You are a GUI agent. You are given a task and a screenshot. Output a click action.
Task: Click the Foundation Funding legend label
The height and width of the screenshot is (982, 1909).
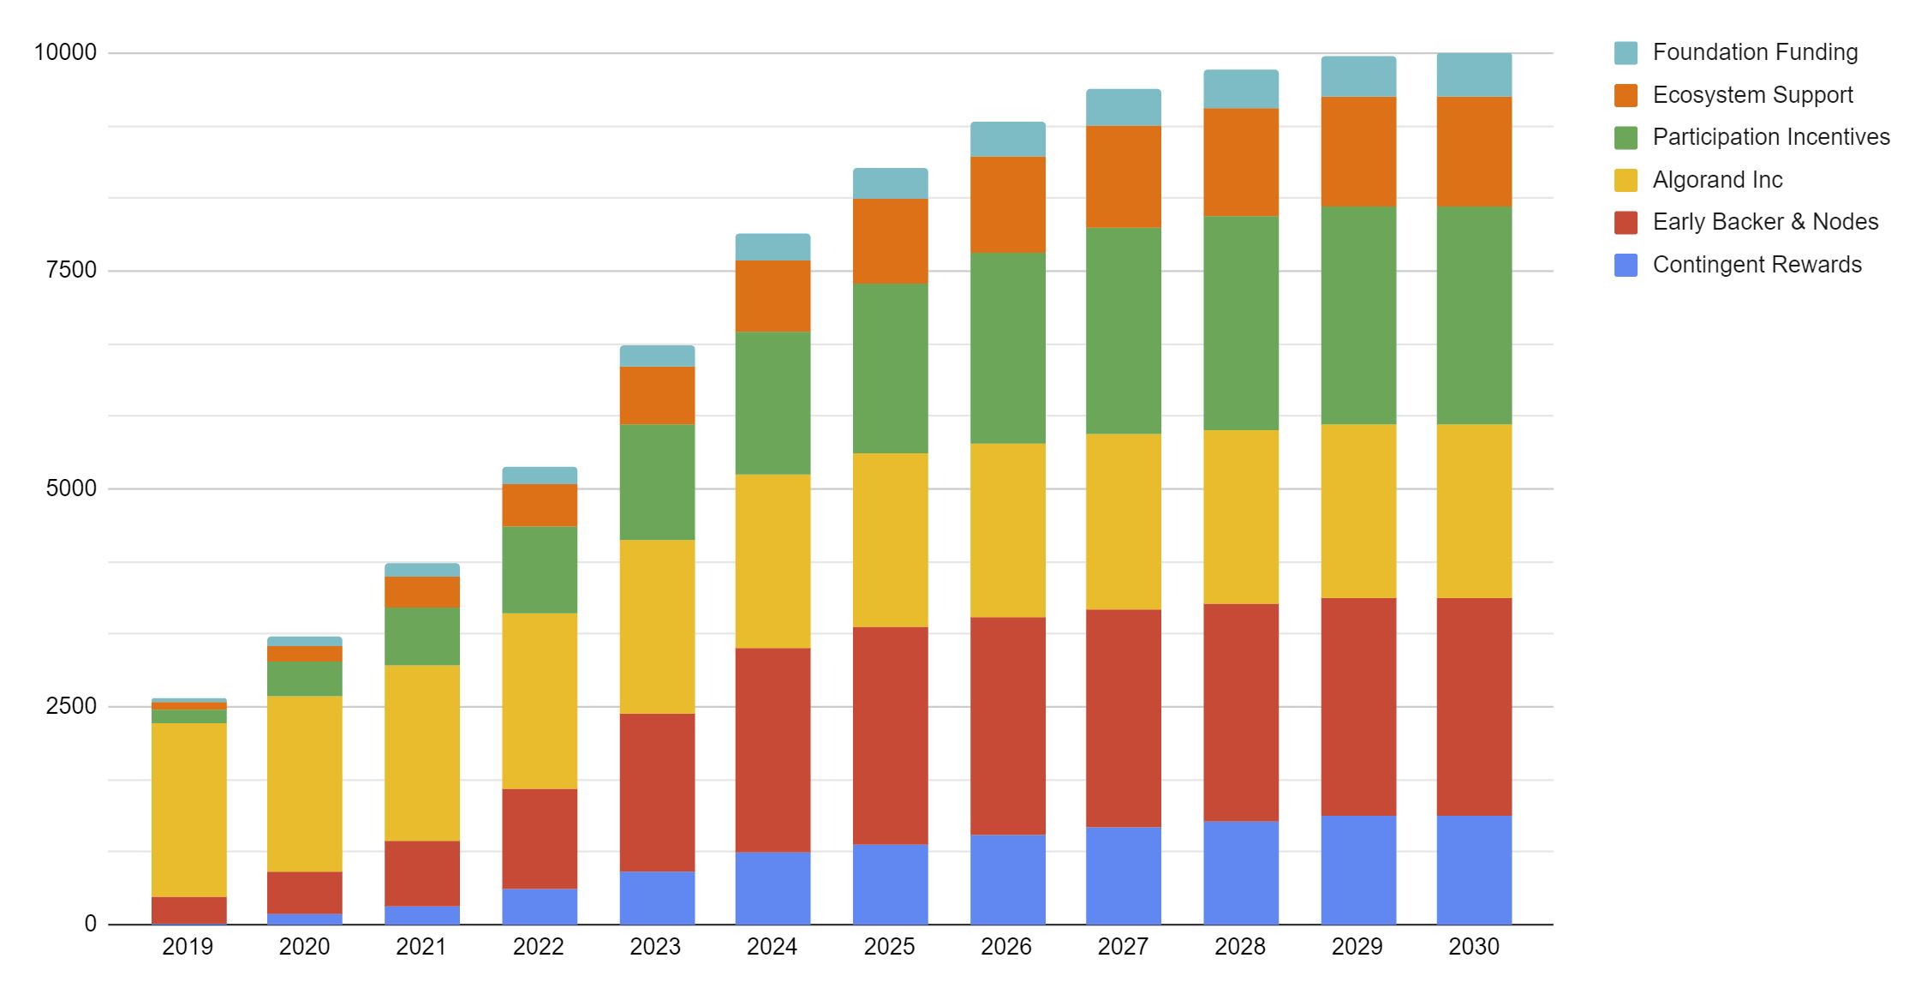pos(1754,52)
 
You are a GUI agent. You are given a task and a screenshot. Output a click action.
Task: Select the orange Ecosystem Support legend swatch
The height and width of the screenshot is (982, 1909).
pos(1626,95)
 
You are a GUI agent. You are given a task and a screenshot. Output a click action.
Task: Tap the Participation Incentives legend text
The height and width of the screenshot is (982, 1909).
pos(1770,137)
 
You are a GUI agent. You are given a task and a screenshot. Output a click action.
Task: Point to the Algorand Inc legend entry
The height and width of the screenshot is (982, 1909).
pos(1716,180)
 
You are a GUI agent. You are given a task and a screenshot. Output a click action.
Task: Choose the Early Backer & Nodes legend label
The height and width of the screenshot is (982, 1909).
pos(1764,222)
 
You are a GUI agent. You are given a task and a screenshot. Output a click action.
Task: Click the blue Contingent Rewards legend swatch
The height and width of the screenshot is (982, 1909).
pos(1626,265)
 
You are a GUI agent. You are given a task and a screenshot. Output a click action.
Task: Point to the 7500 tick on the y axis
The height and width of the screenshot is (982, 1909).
pos(72,270)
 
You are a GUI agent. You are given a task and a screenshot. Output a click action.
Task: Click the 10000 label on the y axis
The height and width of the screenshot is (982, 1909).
pos(65,52)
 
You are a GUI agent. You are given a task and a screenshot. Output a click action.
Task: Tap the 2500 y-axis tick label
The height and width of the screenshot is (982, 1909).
pos(72,706)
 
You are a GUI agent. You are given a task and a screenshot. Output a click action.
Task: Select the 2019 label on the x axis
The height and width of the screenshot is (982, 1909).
pos(188,947)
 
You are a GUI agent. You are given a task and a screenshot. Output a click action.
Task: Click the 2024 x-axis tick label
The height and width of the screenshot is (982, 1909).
pos(772,947)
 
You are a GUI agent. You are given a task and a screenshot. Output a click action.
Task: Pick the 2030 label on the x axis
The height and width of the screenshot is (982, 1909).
pos(1473,947)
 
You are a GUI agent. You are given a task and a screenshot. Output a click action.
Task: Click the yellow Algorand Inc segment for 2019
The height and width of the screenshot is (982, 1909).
pos(188,810)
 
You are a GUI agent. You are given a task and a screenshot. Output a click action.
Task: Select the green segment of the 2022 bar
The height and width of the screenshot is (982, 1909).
pos(539,570)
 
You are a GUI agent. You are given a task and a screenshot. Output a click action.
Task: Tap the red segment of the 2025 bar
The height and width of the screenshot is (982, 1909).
pos(890,735)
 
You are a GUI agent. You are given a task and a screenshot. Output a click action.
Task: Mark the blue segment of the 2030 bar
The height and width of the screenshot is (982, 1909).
pos(1473,870)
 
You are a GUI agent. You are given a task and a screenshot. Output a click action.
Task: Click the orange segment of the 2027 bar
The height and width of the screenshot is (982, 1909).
pos(1123,177)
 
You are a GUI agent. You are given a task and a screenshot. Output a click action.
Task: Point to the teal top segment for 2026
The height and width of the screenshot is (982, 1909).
pos(1007,139)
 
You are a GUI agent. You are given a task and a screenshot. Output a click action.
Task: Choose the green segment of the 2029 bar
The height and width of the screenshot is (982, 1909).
pos(1357,315)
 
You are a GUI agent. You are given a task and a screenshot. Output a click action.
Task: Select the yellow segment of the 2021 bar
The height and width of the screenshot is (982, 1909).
pos(421,752)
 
